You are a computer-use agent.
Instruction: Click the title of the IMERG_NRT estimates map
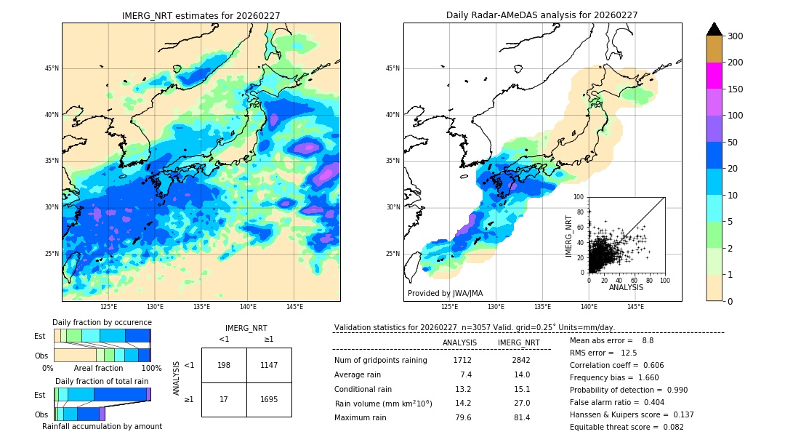click(201, 15)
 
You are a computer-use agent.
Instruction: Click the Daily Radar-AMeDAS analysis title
click(542, 15)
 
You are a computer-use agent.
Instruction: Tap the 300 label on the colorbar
click(735, 36)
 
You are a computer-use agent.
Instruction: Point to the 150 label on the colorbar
click(735, 89)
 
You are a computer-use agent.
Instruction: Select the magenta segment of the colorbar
click(714, 76)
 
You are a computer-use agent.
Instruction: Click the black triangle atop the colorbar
click(714, 29)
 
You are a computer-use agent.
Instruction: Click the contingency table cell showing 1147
click(269, 365)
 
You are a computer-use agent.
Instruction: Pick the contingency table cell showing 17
click(224, 399)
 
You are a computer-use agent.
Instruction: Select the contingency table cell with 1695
click(269, 399)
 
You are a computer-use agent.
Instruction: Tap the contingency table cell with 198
click(224, 365)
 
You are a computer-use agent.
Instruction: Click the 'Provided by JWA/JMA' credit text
click(445, 294)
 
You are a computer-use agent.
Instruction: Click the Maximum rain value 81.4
click(522, 417)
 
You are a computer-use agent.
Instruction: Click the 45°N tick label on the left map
click(52, 68)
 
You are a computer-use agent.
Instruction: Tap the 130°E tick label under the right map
click(496, 307)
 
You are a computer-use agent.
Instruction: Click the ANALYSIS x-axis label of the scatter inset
click(626, 287)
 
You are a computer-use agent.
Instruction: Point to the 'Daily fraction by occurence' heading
click(102, 322)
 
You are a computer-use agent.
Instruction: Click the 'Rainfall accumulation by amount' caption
click(102, 426)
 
